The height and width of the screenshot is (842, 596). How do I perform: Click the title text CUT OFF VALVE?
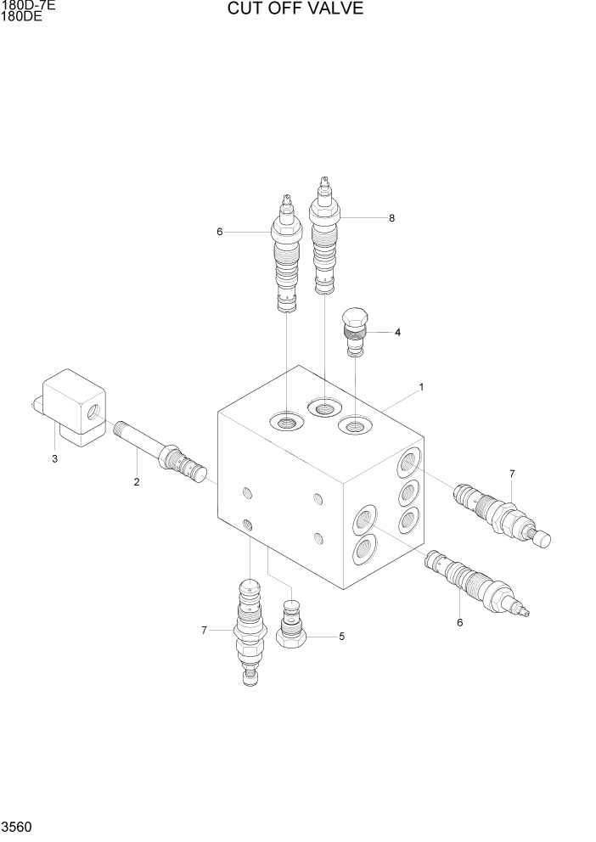pyautogui.click(x=295, y=9)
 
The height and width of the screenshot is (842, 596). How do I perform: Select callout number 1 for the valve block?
pyautogui.click(x=421, y=387)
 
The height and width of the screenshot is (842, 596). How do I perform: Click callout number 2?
pyautogui.click(x=136, y=482)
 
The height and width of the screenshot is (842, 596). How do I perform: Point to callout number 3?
pyautogui.click(x=54, y=459)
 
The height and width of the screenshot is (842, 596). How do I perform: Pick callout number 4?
pyautogui.click(x=396, y=332)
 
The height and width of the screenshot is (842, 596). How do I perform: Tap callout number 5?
pyautogui.click(x=341, y=636)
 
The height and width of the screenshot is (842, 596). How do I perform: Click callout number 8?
pyautogui.click(x=391, y=218)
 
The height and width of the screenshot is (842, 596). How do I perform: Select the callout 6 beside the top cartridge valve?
pyautogui.click(x=219, y=232)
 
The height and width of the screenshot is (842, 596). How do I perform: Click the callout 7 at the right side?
pyautogui.click(x=512, y=473)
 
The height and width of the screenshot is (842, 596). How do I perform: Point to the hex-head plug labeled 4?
pyautogui.click(x=355, y=330)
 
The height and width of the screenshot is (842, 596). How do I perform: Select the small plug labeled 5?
pyautogui.click(x=292, y=629)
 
